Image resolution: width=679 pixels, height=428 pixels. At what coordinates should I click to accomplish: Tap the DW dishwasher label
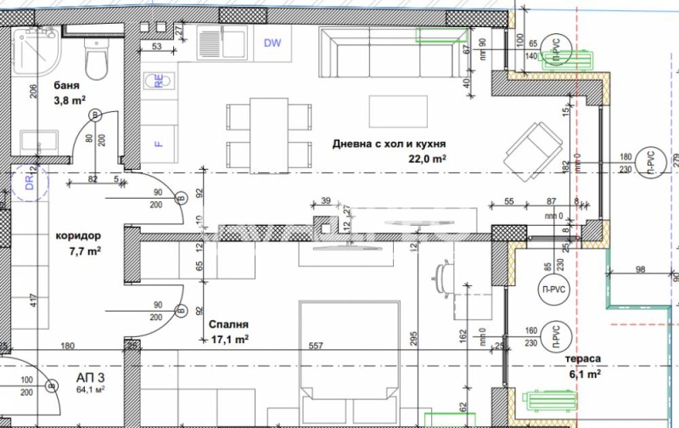tap(272, 43)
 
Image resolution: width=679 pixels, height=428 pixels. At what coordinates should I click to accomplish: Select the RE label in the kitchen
tap(158, 81)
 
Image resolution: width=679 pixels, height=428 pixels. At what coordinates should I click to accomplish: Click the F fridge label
tap(158, 144)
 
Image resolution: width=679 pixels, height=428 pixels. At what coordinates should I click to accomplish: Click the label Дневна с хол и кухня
tap(389, 144)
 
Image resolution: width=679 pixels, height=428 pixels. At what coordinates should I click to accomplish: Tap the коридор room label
tap(78, 236)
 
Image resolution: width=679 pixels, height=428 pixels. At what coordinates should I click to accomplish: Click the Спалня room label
tap(227, 324)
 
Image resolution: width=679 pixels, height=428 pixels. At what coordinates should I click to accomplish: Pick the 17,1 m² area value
tap(229, 339)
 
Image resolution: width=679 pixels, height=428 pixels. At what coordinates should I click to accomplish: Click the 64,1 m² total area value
tap(90, 390)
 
